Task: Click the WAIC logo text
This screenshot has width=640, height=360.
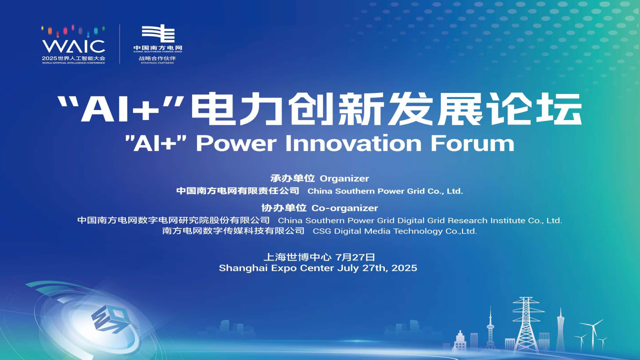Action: pos(73,46)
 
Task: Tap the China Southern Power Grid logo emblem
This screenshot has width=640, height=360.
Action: pos(158,33)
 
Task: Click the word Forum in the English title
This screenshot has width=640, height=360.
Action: pos(472,143)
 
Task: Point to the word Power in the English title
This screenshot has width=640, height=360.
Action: pos(236,143)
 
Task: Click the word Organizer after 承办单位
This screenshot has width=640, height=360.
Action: pos(344,179)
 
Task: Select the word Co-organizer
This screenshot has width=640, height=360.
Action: pos(344,208)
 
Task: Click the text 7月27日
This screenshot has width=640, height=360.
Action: pos(355,257)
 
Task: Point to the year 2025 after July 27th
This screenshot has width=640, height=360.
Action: pos(404,268)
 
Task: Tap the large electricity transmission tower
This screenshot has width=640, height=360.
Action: pos(526,324)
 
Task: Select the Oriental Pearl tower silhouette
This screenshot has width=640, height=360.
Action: pos(490,328)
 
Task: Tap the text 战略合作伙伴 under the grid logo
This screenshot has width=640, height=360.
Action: pos(157,58)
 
